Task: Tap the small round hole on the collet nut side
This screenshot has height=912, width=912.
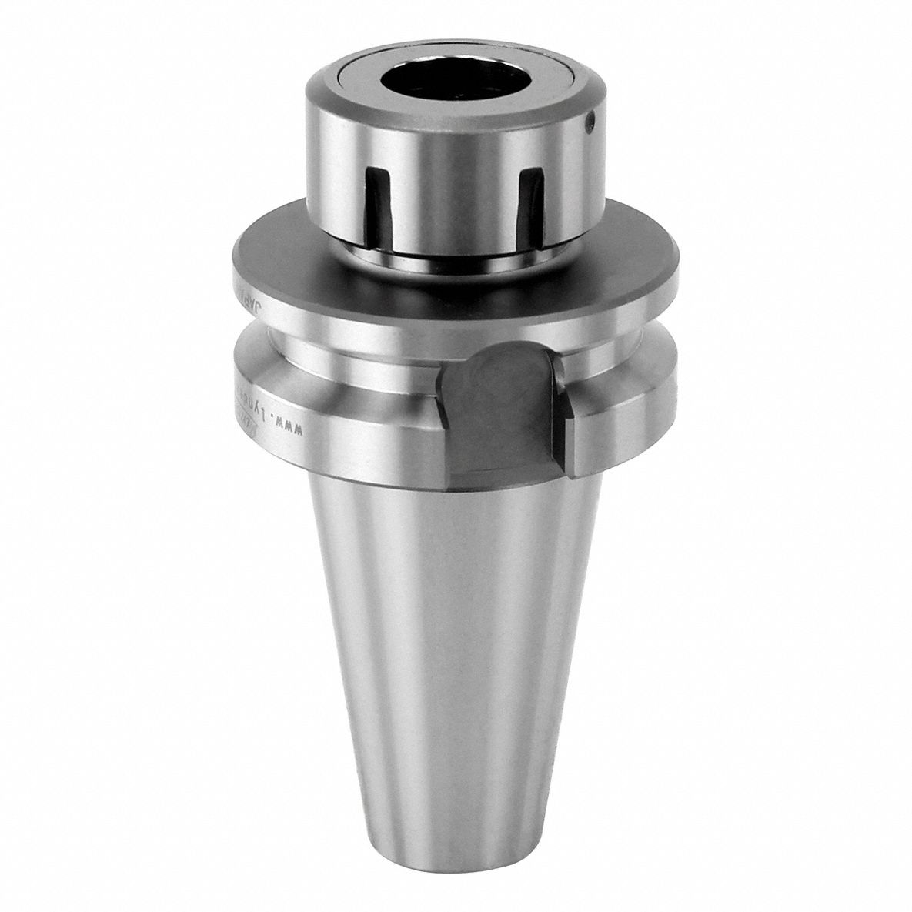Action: click(x=590, y=120)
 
